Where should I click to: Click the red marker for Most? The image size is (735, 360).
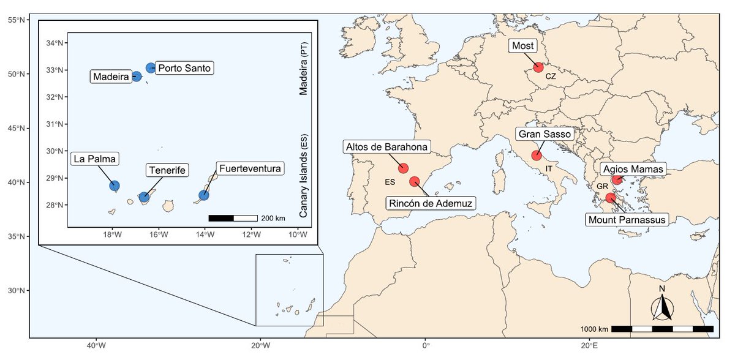[x=538, y=67]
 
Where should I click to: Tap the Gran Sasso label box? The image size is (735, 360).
[x=545, y=134]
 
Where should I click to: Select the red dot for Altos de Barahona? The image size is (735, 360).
[x=403, y=168]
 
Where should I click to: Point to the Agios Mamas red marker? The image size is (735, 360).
[x=617, y=179]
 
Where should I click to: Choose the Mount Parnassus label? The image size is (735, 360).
[x=626, y=219]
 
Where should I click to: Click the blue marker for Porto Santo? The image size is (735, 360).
[x=151, y=67]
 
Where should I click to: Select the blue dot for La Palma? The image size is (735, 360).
[x=114, y=186]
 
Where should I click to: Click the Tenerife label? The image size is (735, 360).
[x=166, y=170]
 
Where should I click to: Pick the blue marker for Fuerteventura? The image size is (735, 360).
[x=204, y=195]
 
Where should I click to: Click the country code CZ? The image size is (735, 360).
[x=551, y=77]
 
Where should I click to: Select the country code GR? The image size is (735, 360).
[x=603, y=186]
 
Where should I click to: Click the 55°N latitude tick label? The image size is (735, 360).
[x=16, y=20]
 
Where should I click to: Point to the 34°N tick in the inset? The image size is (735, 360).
[x=55, y=43]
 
